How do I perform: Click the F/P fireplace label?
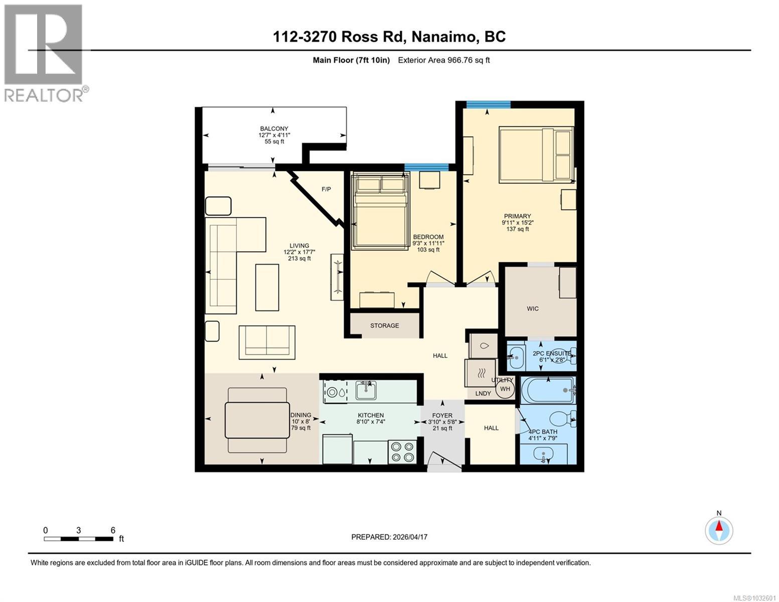[326, 189]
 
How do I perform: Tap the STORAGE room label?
[385, 326]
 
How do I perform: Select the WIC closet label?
[533, 309]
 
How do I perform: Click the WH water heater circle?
[505, 389]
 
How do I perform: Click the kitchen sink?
[366, 390]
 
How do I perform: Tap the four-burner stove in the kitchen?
[402, 452]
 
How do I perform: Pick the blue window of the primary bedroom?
[488, 104]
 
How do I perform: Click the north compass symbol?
[719, 530]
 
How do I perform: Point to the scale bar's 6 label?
[113, 530]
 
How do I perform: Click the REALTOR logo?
[44, 53]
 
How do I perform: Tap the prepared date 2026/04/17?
[389, 537]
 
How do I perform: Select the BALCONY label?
[274, 129]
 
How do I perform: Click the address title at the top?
[389, 37]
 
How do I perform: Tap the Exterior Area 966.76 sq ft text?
[443, 60]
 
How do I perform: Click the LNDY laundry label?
[483, 393]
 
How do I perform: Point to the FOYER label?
[442, 415]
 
